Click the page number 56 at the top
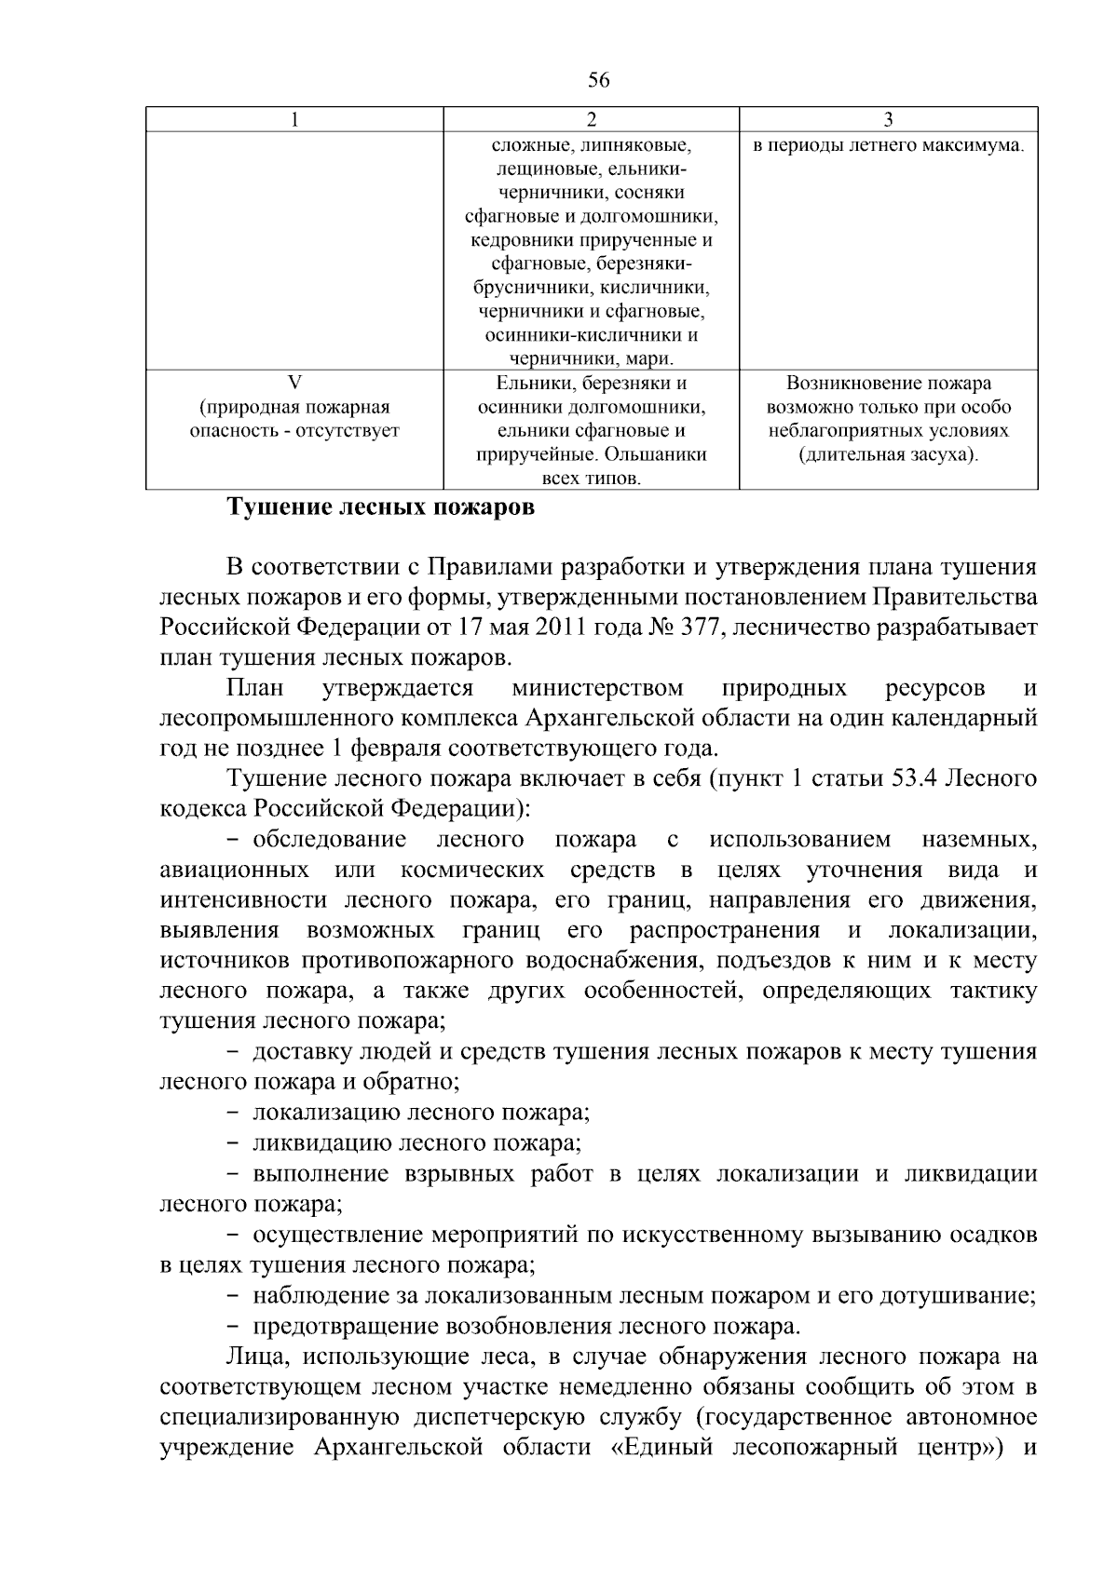(599, 81)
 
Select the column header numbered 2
(591, 119)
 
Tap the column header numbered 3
(888, 119)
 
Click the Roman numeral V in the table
(294, 383)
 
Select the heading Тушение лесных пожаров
(381, 508)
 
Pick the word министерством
(598, 689)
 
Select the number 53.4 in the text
(917, 779)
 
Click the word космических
(473, 871)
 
